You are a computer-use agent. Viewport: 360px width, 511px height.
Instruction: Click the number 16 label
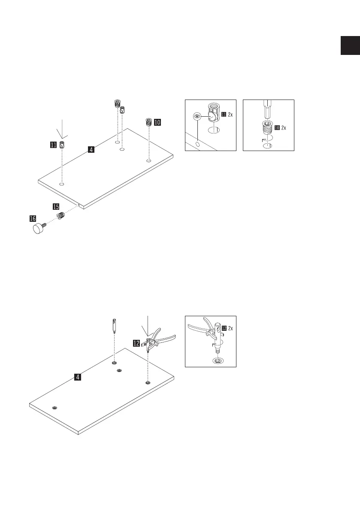pyautogui.click(x=32, y=219)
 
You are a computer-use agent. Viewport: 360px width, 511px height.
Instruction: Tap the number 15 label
pyautogui.click(x=56, y=206)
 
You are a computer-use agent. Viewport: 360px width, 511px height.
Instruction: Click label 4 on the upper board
pyautogui.click(x=91, y=150)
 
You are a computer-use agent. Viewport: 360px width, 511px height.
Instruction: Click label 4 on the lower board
pyautogui.click(x=77, y=377)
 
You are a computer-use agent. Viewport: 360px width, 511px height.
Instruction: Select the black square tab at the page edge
pyautogui.click(x=350, y=45)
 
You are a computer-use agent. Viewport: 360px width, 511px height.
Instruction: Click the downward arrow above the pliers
pyautogui.click(x=147, y=326)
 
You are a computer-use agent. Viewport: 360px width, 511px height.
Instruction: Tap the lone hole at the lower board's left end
pyautogui.click(x=54, y=407)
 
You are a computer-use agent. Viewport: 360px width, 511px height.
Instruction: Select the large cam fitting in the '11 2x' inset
pyautogui.click(x=213, y=114)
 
